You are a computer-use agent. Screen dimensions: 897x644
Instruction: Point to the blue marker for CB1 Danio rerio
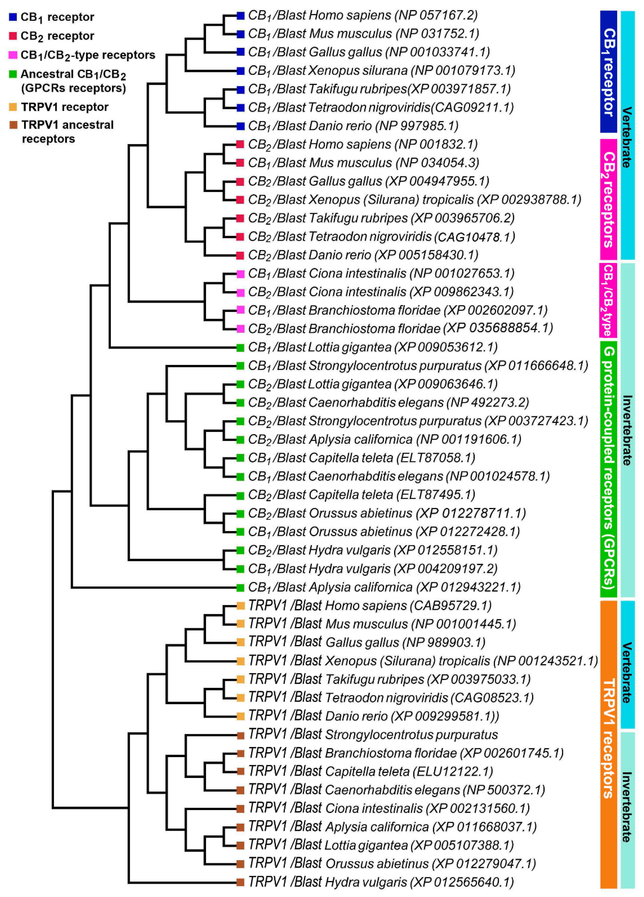[x=240, y=126]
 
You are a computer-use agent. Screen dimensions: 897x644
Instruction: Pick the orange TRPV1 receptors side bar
[x=608, y=744]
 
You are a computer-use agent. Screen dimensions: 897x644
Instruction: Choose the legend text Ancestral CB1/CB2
[x=73, y=74]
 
